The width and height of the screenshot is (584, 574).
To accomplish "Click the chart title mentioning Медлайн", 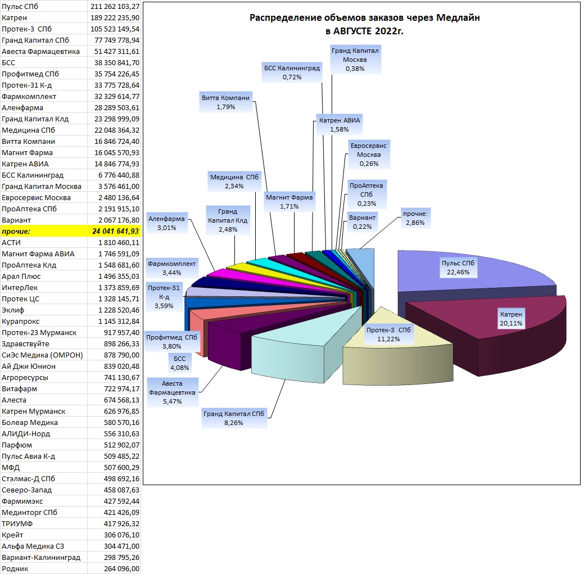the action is (364, 24).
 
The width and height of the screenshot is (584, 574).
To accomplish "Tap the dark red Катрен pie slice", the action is (492, 328).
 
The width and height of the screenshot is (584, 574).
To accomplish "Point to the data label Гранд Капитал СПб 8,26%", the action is (233, 418).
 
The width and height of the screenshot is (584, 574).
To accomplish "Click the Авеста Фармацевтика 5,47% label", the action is (172, 392).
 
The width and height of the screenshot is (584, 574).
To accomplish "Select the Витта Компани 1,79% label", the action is (226, 102).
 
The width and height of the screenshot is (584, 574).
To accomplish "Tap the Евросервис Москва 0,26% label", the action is (369, 155).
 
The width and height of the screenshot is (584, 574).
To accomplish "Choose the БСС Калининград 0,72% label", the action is (292, 73).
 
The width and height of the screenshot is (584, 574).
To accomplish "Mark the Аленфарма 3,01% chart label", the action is (166, 223).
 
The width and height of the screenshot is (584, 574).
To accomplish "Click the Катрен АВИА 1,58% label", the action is (339, 125).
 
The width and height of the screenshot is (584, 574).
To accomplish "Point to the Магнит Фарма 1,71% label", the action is (289, 201).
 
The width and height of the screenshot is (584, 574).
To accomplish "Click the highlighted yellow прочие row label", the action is (16, 231).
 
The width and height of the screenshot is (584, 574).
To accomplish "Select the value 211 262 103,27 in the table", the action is (115, 6).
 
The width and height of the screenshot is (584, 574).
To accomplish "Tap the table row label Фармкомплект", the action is (29, 97).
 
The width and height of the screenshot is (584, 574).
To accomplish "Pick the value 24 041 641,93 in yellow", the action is (115, 231).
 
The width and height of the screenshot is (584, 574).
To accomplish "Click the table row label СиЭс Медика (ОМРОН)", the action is (42, 355).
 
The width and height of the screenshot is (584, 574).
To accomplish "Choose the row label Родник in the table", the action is (15, 569).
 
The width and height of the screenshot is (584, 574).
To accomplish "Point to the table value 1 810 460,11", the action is (119, 242).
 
